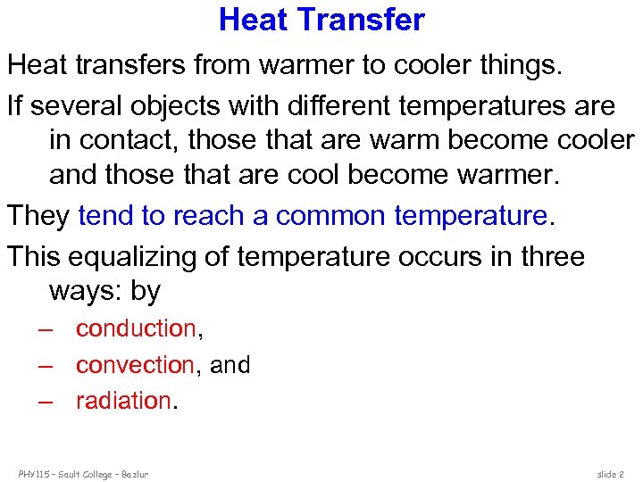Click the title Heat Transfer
point(321,20)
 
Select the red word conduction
point(136,328)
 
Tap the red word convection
point(135,365)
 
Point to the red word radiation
point(123,401)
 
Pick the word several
point(79,106)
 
